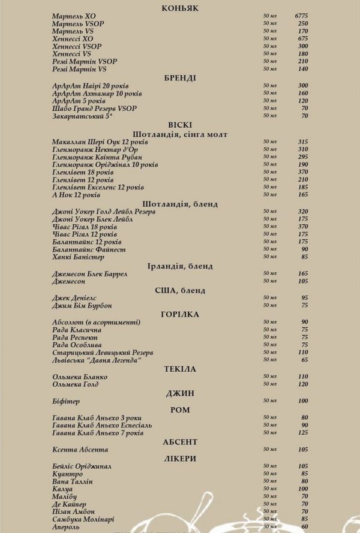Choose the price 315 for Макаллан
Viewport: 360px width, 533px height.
click(302, 141)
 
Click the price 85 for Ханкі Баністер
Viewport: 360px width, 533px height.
click(304, 257)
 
